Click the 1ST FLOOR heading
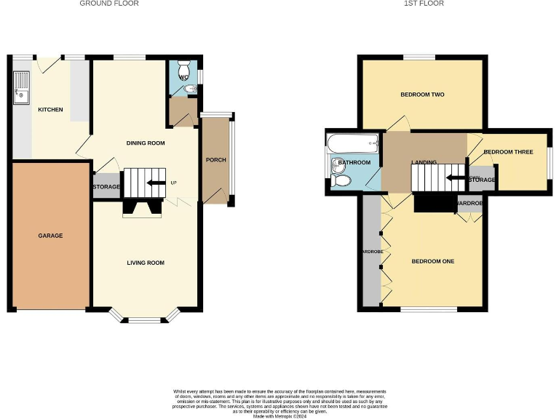click(x=424, y=4)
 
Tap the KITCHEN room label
click(x=50, y=110)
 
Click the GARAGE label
click(x=50, y=236)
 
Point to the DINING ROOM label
click(x=146, y=143)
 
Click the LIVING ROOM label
click(x=146, y=263)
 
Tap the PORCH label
click(x=215, y=160)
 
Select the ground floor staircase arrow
click(x=154, y=183)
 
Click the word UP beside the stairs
click(x=173, y=183)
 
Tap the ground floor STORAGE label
click(x=106, y=187)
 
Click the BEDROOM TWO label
click(x=422, y=95)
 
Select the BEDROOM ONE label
click(x=433, y=261)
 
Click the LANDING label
click(x=424, y=162)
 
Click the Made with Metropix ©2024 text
click(x=279, y=416)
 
